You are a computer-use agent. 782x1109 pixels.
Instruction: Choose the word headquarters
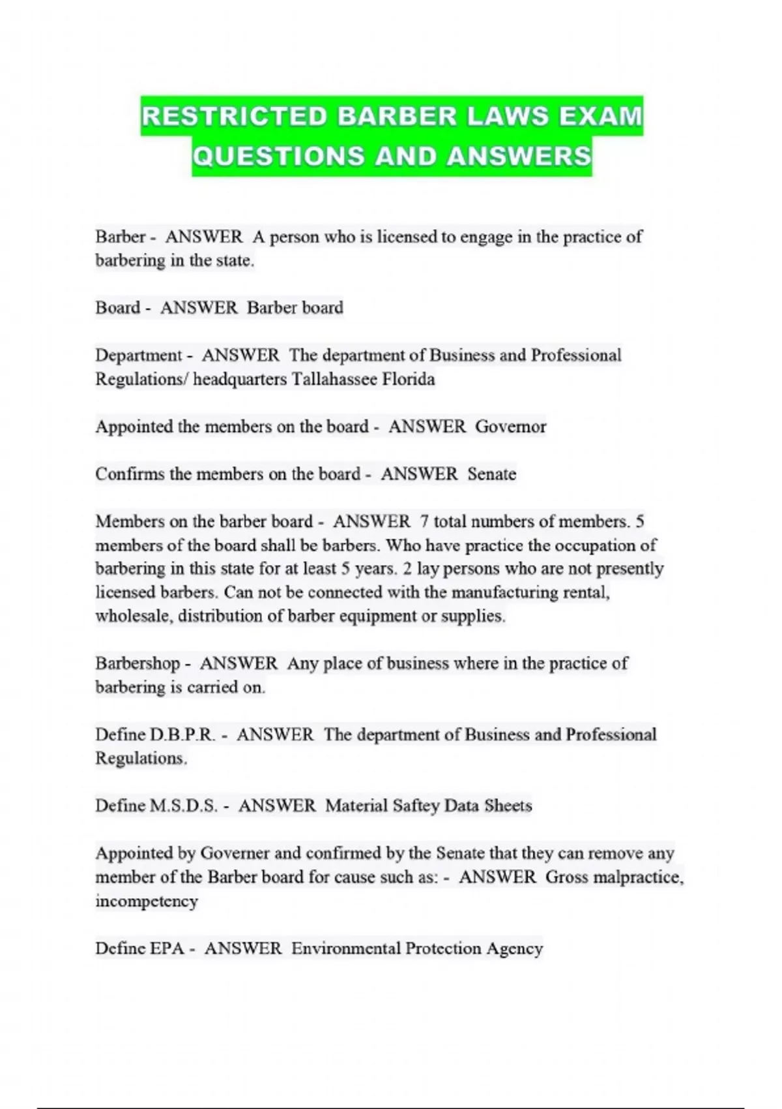(x=240, y=379)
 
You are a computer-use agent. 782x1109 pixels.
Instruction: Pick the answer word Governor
(x=510, y=427)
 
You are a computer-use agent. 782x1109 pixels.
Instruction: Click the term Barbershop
(x=138, y=664)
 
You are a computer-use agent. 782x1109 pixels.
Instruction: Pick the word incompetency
(x=146, y=902)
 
